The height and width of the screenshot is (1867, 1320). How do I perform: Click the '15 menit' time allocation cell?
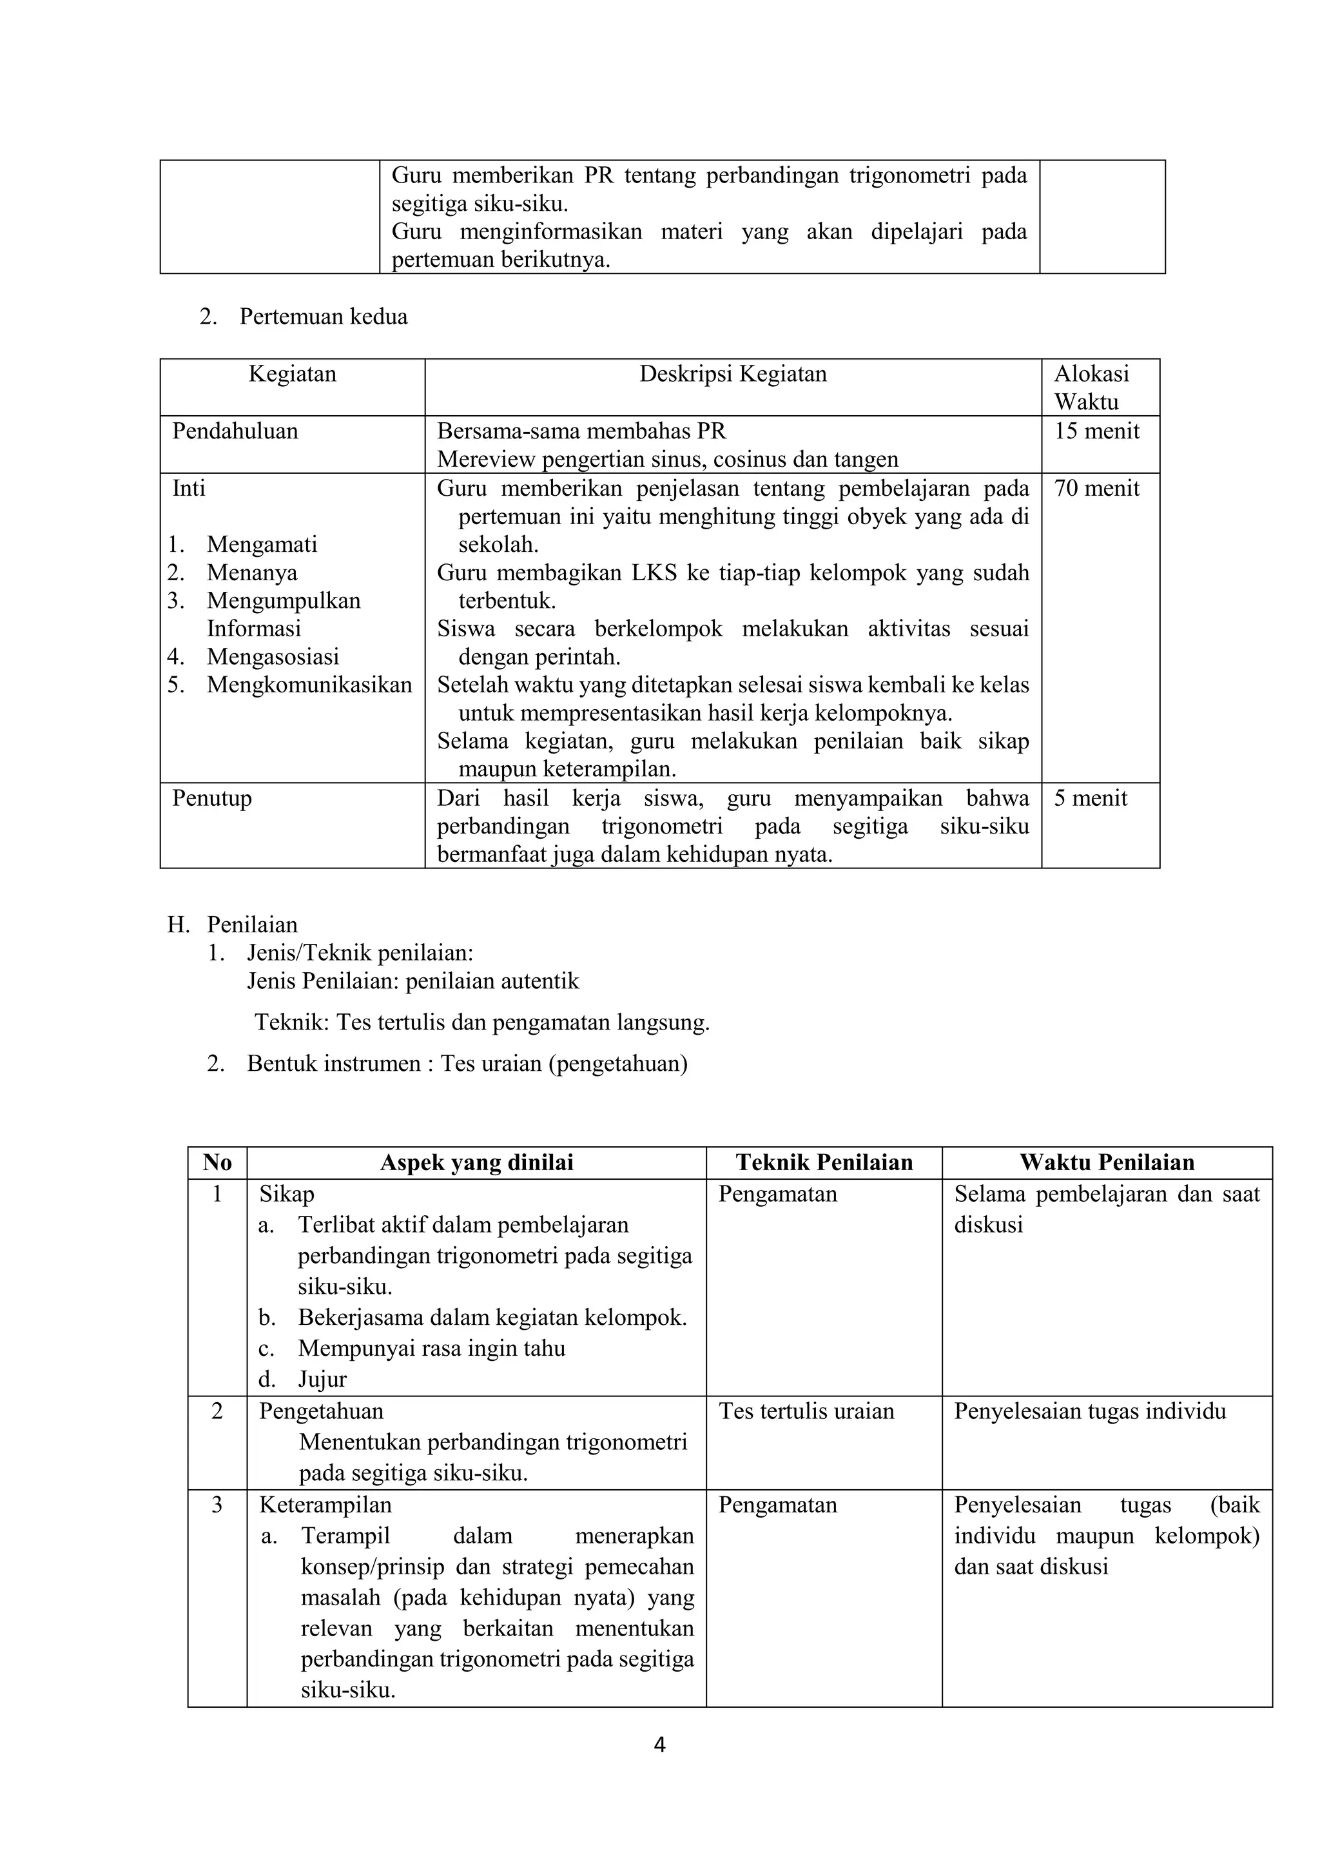(1096, 431)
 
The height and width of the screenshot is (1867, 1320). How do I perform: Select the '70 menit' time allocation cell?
(1096, 489)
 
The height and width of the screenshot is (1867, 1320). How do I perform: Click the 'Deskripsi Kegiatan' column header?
(732, 374)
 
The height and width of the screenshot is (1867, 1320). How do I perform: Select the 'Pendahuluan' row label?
(235, 431)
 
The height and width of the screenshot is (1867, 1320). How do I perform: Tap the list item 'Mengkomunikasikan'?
(309, 685)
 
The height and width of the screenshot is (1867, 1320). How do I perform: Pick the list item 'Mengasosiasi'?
(272, 657)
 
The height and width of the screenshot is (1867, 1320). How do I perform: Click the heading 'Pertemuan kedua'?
(323, 317)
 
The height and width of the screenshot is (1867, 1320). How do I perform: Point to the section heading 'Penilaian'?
(252, 924)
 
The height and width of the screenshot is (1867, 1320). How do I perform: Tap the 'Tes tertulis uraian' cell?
(806, 1411)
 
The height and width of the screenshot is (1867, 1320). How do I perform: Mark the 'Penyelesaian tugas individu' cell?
(1089, 1411)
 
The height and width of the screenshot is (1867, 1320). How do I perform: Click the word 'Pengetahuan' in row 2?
(320, 1411)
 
